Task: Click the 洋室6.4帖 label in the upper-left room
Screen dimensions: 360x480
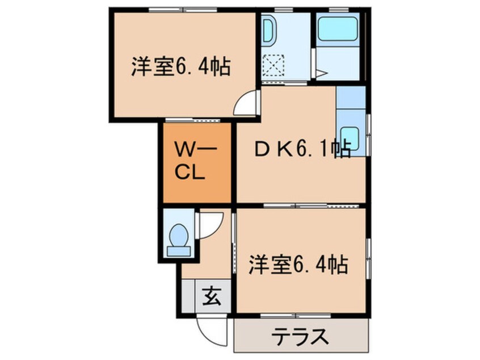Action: [180, 67]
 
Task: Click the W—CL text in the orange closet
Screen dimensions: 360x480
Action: [194, 162]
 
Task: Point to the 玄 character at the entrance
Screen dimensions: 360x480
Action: [211, 295]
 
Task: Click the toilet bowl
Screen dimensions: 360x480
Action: [179, 234]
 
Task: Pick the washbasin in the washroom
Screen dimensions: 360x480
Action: [269, 32]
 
